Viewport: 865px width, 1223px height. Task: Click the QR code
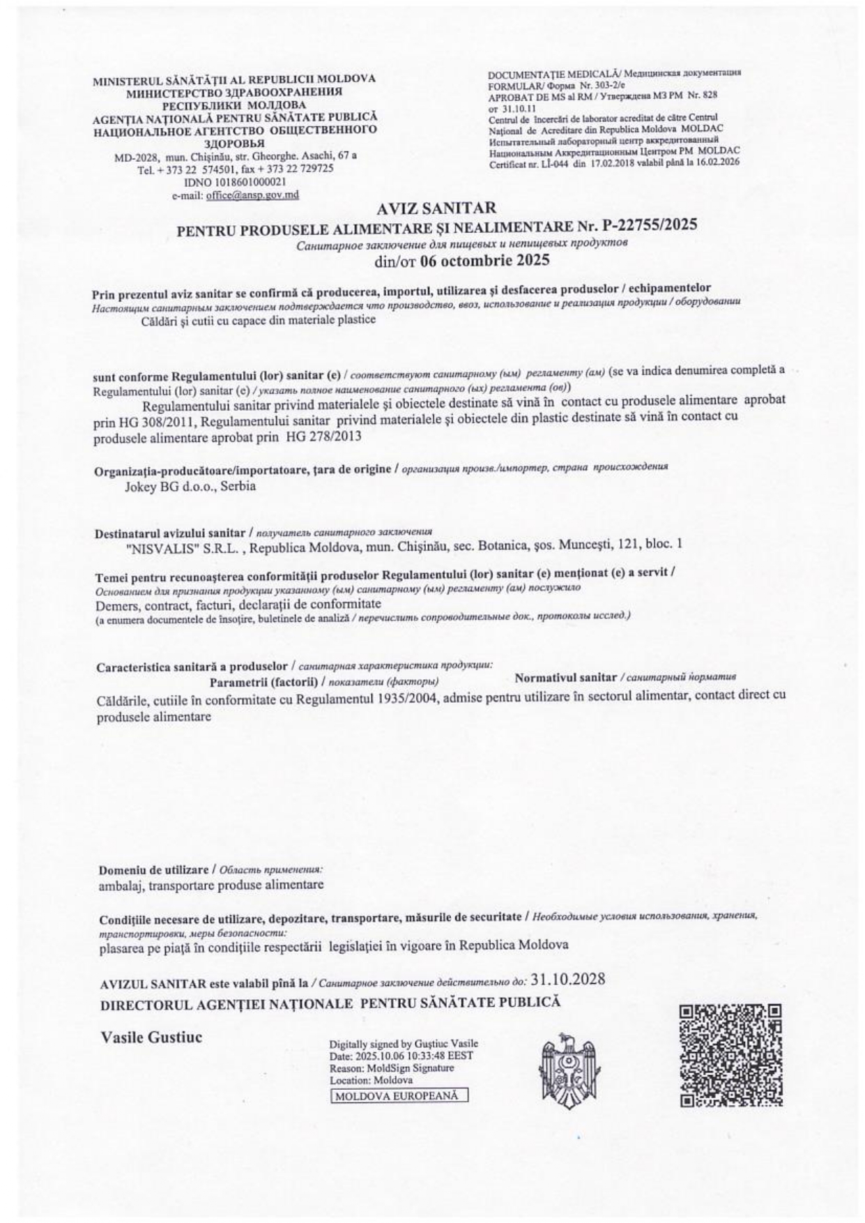pyautogui.click(x=730, y=1055)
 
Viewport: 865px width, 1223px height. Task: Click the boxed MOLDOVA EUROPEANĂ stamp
pyautogui.click(x=398, y=1095)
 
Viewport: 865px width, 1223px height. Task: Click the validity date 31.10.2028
pyautogui.click(x=567, y=979)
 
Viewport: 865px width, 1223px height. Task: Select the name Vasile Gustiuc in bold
pyautogui.click(x=151, y=1037)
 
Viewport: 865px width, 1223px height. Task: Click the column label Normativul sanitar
pyautogui.click(x=565, y=677)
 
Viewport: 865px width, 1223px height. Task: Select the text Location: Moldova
pyautogui.click(x=372, y=1080)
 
